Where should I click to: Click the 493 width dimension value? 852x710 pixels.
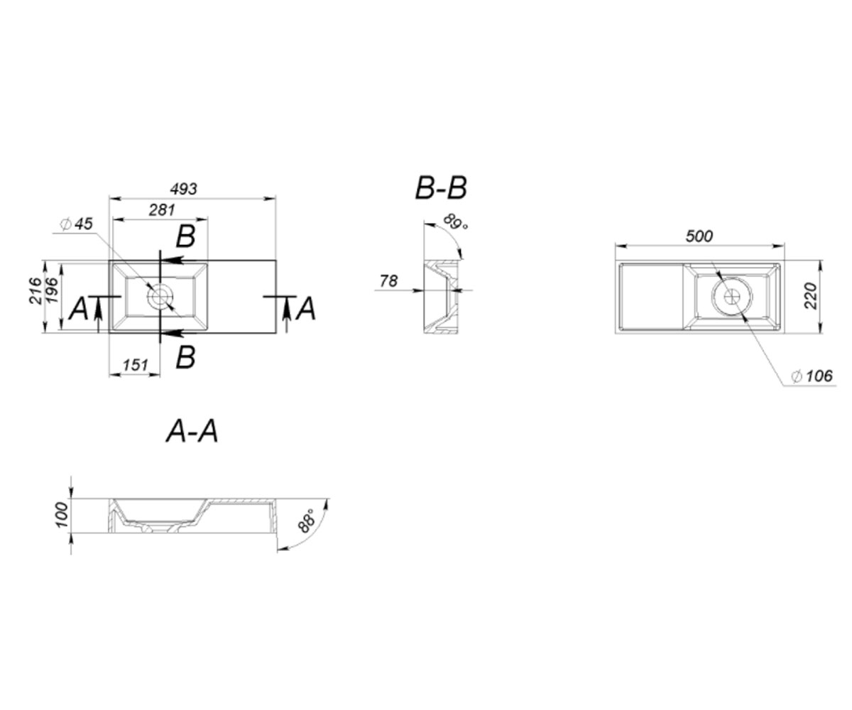184,189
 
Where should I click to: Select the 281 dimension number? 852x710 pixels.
162,210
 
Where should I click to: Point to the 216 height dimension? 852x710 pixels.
35,290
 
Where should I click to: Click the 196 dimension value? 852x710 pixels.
52,290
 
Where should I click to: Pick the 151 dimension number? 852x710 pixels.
135,365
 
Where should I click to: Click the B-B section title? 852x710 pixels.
441,189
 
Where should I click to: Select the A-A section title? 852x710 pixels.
192,431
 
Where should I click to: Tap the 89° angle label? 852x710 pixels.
455,222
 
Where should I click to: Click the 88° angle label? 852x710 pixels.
307,520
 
